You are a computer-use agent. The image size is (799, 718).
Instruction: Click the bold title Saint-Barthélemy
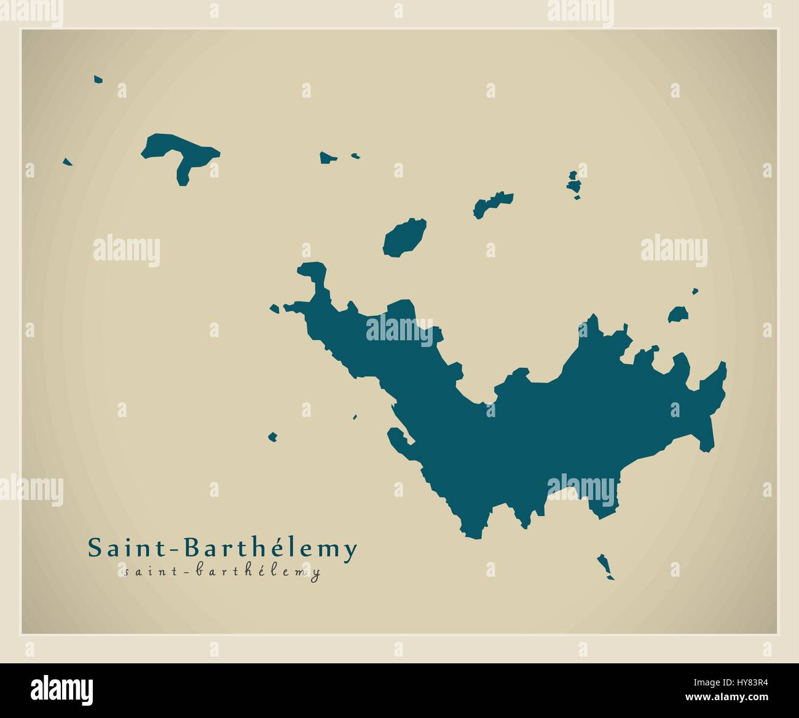(222, 548)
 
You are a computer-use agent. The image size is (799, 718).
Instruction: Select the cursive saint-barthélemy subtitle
(222, 572)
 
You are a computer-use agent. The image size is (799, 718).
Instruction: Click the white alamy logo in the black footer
(61, 688)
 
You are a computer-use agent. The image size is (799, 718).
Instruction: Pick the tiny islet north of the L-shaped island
(98, 79)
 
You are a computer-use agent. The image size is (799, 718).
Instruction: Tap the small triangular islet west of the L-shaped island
(68, 162)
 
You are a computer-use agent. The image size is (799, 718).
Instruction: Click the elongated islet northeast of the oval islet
(492, 204)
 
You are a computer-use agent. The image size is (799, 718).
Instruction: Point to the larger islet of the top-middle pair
(328, 158)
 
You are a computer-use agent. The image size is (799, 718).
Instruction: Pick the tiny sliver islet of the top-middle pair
(355, 156)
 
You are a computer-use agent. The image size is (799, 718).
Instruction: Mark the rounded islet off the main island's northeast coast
(678, 315)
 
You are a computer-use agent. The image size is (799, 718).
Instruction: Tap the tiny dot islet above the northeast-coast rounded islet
(695, 291)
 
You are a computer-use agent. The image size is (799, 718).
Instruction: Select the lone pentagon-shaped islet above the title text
(272, 437)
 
